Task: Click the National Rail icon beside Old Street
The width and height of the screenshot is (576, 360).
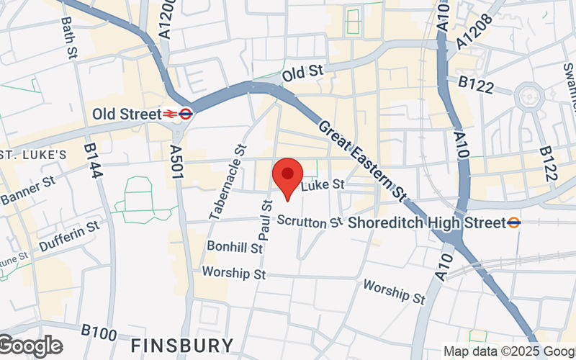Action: (x=170, y=114)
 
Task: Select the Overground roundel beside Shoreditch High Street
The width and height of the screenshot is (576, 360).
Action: (x=513, y=222)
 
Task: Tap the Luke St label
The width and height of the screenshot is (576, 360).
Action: (x=323, y=186)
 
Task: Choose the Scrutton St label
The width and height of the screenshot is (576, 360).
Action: (x=310, y=222)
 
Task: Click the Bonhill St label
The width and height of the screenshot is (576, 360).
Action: (x=234, y=247)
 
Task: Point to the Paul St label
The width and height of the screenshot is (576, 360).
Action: (x=265, y=220)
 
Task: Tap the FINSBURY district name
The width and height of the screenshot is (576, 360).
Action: (x=182, y=344)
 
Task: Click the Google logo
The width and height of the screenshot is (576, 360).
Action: (x=30, y=346)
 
